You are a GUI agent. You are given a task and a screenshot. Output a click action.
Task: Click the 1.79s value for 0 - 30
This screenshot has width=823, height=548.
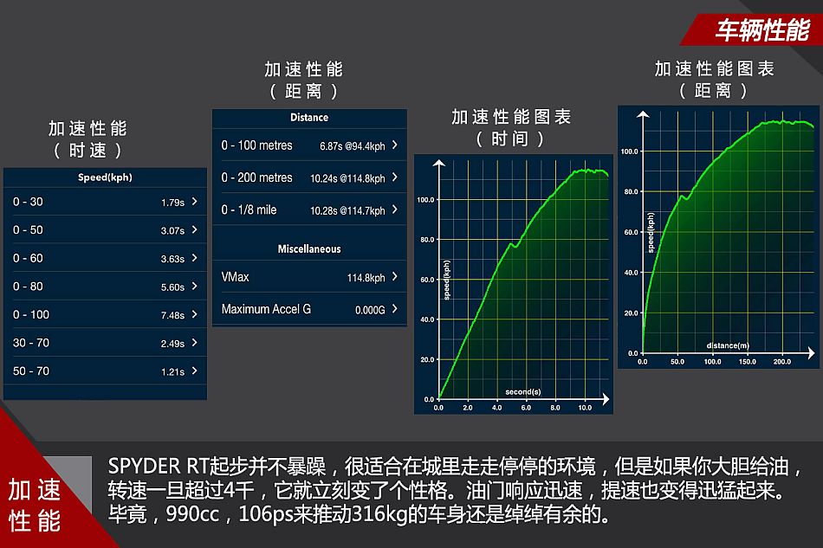tap(172, 203)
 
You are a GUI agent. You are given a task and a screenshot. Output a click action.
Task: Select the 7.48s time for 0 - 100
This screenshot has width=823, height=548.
tap(172, 315)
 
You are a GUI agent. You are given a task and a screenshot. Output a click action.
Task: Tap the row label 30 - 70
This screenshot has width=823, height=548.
tap(31, 343)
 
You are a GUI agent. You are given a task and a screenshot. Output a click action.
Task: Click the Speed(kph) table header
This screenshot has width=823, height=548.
tap(105, 177)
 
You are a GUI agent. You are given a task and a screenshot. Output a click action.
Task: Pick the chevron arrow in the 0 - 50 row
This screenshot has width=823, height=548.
tap(195, 229)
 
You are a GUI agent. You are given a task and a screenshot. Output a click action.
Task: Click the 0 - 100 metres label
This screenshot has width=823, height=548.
tap(256, 145)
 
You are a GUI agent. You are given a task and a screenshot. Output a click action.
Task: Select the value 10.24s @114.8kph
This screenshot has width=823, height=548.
tap(347, 178)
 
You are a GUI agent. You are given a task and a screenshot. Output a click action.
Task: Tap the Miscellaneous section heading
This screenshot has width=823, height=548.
tap(309, 249)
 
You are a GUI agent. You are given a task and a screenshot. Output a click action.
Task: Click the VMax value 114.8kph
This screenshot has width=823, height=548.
tap(366, 277)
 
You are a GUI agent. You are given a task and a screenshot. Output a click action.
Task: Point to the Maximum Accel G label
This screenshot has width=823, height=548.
tap(266, 309)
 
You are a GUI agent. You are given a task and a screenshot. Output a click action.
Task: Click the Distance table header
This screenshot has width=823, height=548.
tap(309, 118)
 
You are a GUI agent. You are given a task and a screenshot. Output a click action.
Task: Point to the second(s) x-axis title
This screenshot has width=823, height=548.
tap(522, 391)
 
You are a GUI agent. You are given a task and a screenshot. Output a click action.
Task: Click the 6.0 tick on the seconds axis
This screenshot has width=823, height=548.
tap(526, 408)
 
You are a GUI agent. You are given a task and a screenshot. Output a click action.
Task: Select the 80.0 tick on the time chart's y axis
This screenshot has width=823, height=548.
tap(427, 240)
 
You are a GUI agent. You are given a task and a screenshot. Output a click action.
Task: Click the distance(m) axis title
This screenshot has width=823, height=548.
tap(728, 345)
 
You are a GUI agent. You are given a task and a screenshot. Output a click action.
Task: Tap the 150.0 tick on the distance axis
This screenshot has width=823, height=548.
tap(748, 362)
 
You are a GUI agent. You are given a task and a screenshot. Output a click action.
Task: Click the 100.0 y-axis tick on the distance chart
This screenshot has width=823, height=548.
tap(629, 152)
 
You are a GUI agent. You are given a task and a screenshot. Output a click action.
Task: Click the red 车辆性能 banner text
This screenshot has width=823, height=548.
tap(762, 30)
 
